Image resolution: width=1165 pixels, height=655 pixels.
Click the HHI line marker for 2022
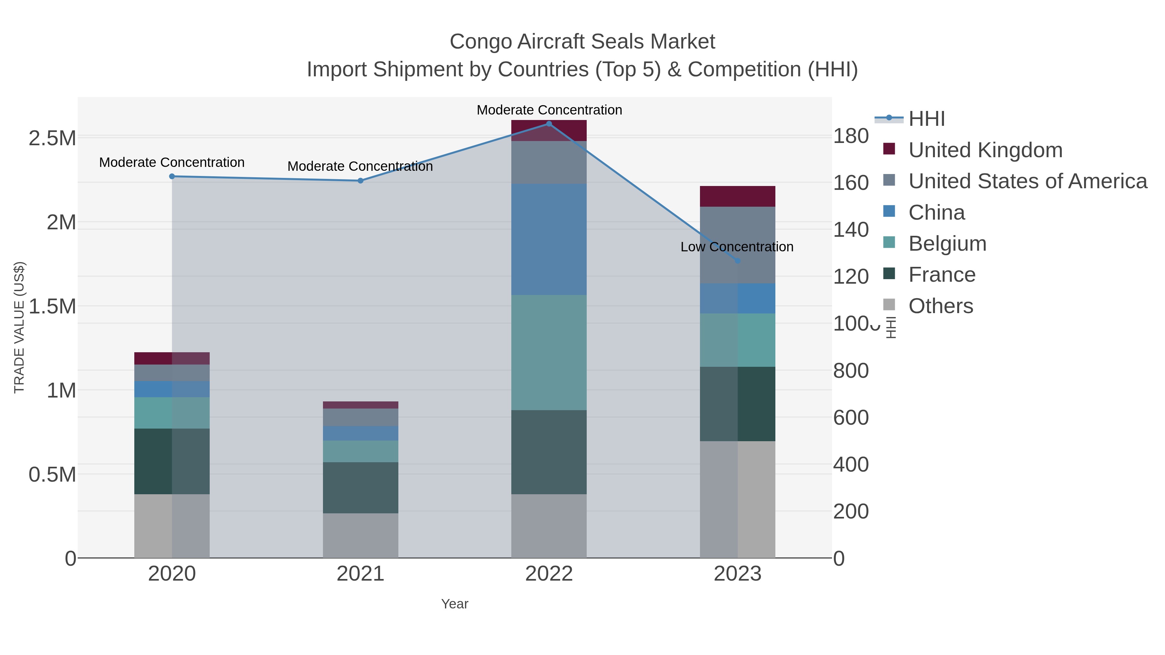pyautogui.click(x=549, y=124)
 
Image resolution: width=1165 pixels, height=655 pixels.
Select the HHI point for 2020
pyautogui.click(x=172, y=176)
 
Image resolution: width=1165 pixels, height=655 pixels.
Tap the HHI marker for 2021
pyautogui.click(x=361, y=181)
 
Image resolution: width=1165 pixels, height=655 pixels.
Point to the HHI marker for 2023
pyautogui.click(x=738, y=261)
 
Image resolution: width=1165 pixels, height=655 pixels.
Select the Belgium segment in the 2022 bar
pyautogui.click(x=549, y=353)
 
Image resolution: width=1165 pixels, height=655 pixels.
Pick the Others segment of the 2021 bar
pyautogui.click(x=361, y=535)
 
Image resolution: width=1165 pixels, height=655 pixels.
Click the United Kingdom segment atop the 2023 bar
pyautogui.click(x=738, y=196)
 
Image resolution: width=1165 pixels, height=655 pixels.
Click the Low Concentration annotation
pyautogui.click(x=737, y=247)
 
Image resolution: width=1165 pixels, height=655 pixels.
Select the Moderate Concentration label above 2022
pyautogui.click(x=549, y=110)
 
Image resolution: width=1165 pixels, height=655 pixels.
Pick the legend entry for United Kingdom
pyautogui.click(x=985, y=150)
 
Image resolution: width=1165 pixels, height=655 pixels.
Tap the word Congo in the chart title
pyautogui.click(x=480, y=42)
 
